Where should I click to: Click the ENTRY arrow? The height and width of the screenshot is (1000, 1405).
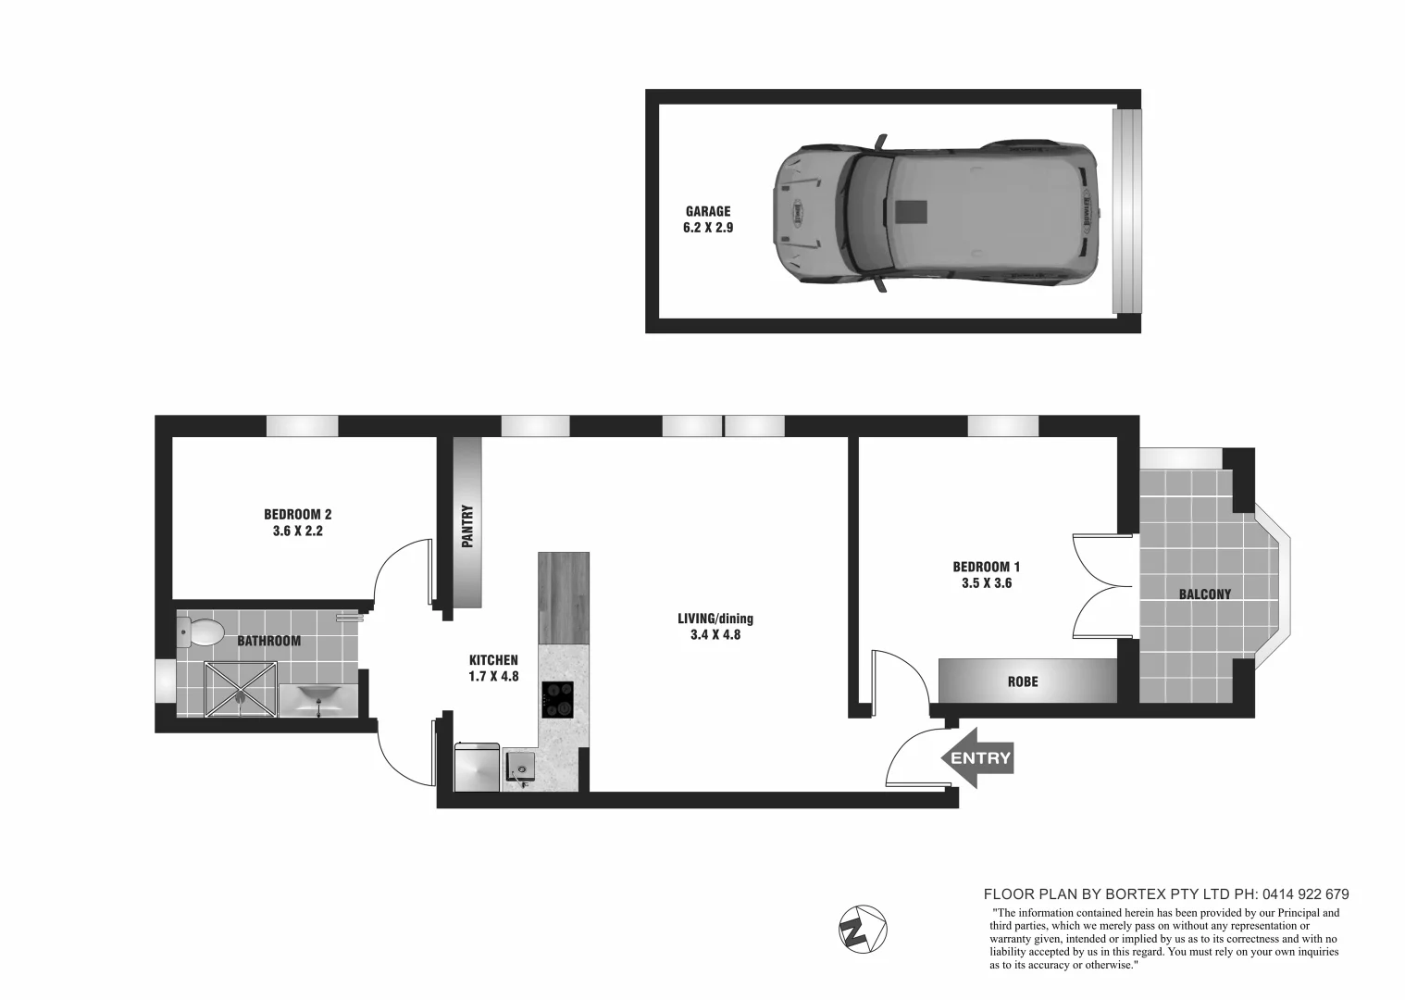click(x=978, y=758)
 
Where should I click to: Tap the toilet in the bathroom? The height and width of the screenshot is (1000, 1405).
click(x=203, y=633)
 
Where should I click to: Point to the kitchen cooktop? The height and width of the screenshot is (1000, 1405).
click(x=557, y=699)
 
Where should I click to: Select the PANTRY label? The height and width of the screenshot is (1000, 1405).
click(x=467, y=525)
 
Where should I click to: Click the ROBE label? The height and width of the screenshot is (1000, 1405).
click(x=1022, y=681)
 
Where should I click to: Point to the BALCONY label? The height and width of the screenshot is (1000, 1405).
click(x=1204, y=594)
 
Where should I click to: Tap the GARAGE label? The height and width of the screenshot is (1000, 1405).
click(x=707, y=211)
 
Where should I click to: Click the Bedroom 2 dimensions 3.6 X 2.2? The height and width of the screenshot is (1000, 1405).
click(x=297, y=531)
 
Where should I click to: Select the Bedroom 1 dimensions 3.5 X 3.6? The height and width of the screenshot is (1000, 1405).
click(x=986, y=583)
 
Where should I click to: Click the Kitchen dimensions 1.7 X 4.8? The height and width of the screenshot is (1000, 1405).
click(x=493, y=676)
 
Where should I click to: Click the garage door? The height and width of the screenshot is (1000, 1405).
click(x=1125, y=211)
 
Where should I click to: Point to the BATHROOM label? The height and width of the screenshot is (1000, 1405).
click(x=268, y=641)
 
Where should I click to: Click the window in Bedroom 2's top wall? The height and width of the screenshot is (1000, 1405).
click(x=302, y=426)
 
